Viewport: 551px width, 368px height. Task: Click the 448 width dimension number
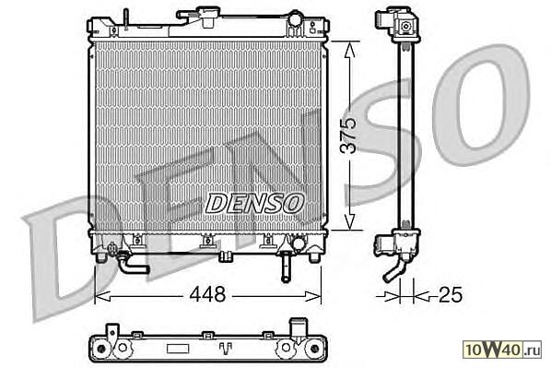pyautogui.click(x=207, y=294)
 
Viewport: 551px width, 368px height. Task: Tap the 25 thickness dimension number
pyautogui.click(x=451, y=294)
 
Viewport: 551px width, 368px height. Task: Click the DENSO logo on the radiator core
pyautogui.click(x=254, y=203)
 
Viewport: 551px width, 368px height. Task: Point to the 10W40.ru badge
pyautogui.click(x=502, y=349)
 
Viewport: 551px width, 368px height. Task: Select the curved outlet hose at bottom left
pyautogui.click(x=133, y=266)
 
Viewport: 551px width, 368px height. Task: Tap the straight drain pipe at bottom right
pyautogui.click(x=286, y=270)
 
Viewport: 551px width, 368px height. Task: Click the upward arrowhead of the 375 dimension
pyautogui.click(x=349, y=50)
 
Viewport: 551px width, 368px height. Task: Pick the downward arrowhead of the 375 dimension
pyautogui.click(x=348, y=221)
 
